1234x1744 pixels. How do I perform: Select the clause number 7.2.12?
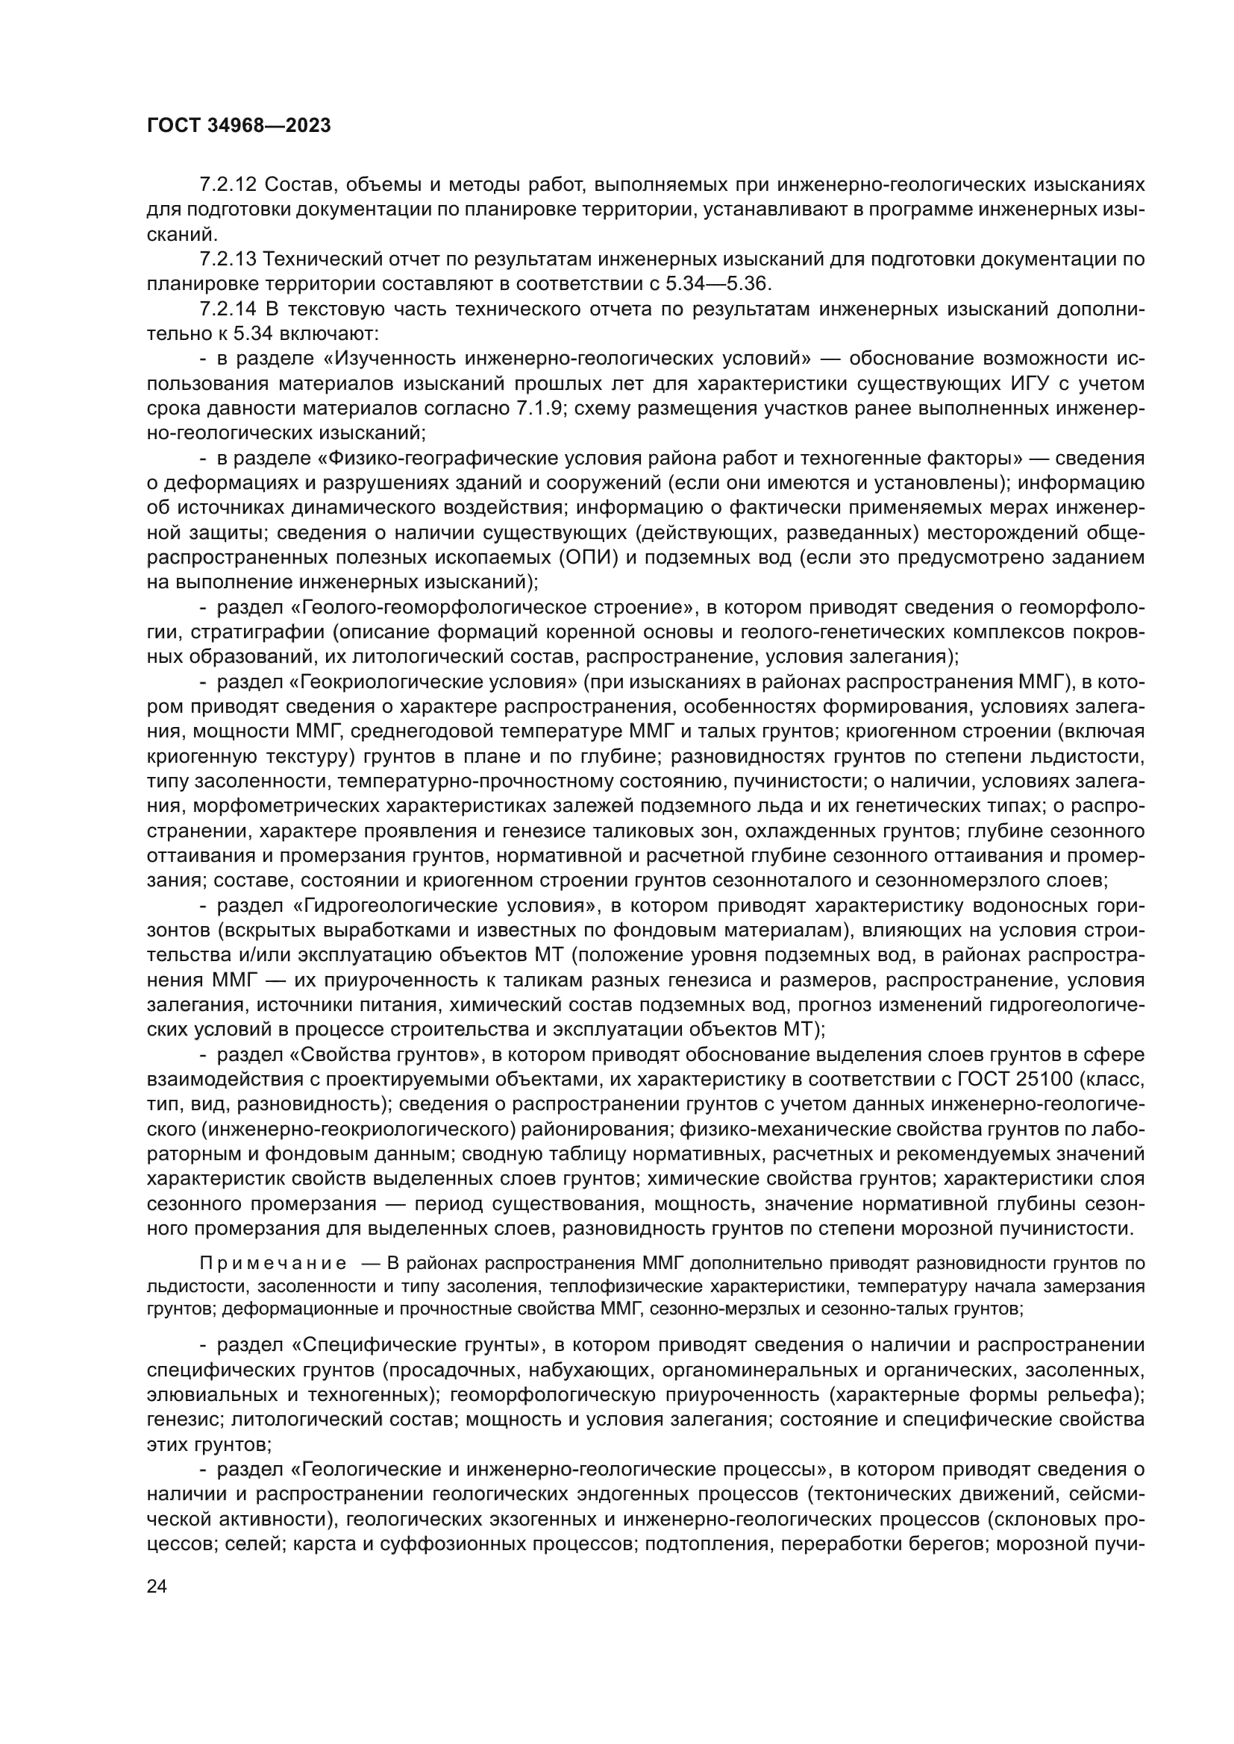pyautogui.click(x=228, y=185)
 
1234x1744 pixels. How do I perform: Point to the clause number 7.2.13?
pyautogui.click(x=228, y=259)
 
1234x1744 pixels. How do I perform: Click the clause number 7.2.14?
pyautogui.click(x=228, y=309)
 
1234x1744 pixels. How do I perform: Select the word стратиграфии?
pyautogui.click(x=257, y=632)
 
